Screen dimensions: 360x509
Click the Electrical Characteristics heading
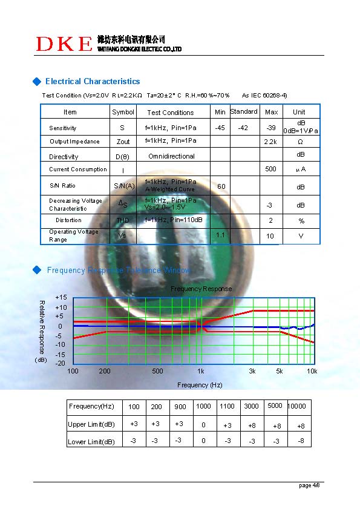point(92,82)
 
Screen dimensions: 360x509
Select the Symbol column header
point(123,112)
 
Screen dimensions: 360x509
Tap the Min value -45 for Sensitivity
point(220,128)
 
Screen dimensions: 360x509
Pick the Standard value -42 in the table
point(243,128)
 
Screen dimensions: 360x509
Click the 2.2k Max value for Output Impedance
point(270,142)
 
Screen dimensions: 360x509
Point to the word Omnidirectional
point(171,156)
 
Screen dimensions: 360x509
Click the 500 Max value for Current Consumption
point(270,169)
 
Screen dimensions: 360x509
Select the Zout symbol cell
point(123,142)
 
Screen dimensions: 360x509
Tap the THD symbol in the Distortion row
point(123,220)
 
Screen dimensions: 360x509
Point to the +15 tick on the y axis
point(61,298)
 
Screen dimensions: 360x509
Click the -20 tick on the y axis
point(61,363)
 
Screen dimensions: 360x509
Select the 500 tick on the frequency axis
point(157,371)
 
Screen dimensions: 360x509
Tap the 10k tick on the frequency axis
point(312,371)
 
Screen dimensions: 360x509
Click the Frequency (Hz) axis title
point(200,385)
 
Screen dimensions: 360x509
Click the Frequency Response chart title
point(201,289)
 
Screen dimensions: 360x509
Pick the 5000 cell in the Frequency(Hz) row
point(275,406)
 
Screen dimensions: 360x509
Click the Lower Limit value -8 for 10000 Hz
point(301,441)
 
